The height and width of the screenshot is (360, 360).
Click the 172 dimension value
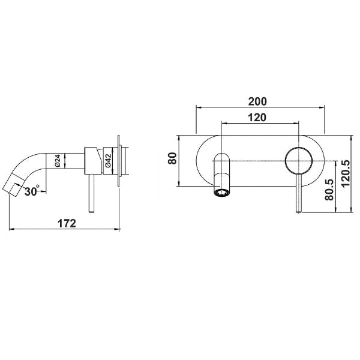click(67, 223)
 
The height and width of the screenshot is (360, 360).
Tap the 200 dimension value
click(257, 101)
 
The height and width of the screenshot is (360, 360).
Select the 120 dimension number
click(257, 118)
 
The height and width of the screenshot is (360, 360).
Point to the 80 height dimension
click(172, 158)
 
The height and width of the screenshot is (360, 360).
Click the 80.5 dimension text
click(329, 190)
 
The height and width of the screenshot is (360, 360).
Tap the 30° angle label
click(32, 191)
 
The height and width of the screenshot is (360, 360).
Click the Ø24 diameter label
click(57, 161)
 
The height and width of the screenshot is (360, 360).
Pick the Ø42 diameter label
click(108, 160)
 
